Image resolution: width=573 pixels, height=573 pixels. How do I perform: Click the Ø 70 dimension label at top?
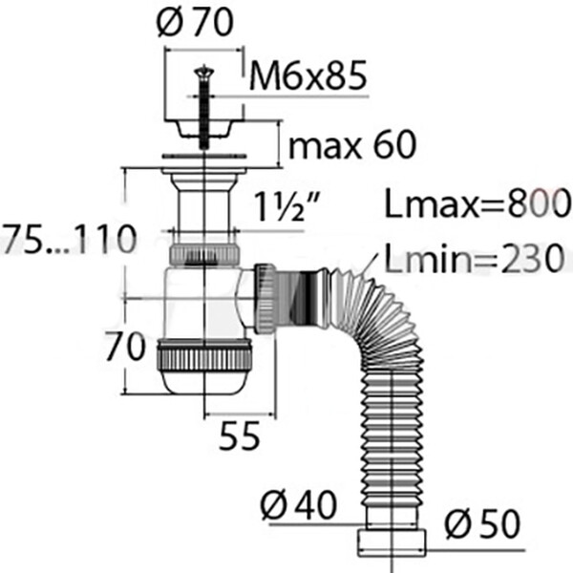point(195,22)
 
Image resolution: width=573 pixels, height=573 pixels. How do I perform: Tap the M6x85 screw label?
point(308,76)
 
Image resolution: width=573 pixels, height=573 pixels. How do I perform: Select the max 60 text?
point(352,144)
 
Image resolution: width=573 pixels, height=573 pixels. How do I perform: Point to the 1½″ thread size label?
point(286,206)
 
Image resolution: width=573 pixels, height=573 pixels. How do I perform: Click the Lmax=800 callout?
point(478,203)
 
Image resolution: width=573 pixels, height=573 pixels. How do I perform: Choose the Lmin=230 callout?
point(475,259)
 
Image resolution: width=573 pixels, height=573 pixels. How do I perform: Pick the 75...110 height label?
point(70,240)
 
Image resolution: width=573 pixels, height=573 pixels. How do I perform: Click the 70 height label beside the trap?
point(125,346)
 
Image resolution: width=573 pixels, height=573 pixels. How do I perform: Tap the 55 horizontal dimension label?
point(240,435)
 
